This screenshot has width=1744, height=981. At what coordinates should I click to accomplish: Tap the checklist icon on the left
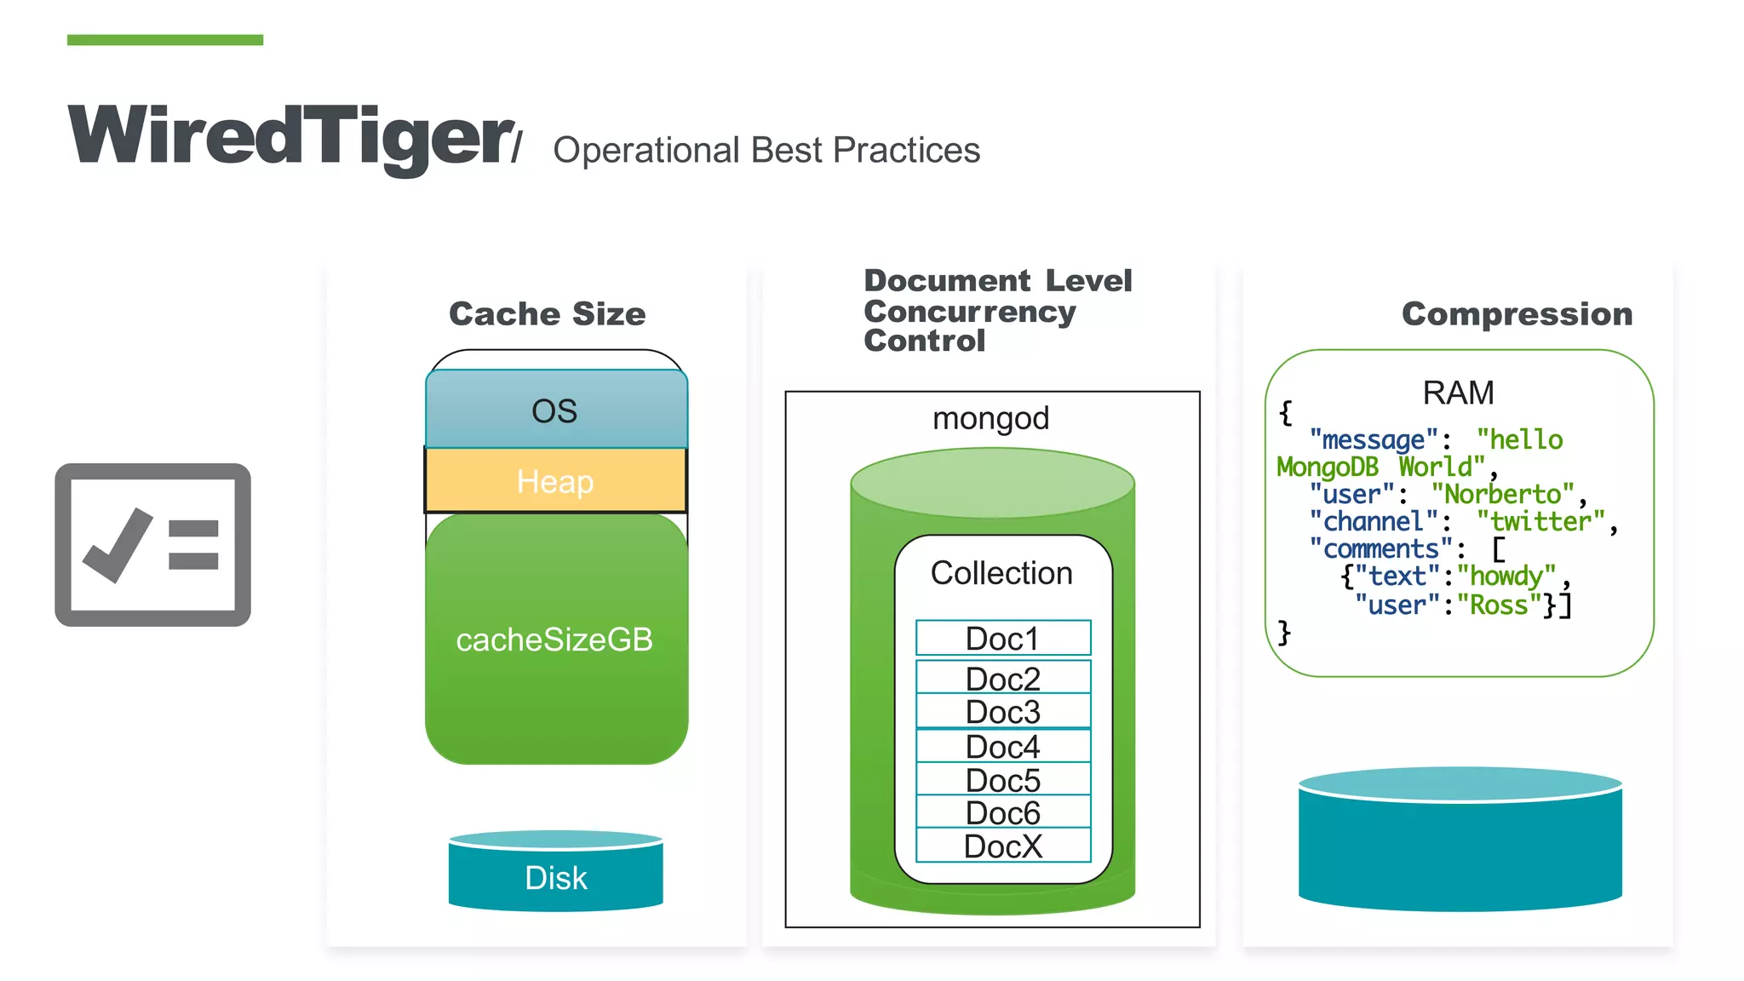(152, 545)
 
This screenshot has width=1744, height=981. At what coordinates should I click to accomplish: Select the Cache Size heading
(547, 313)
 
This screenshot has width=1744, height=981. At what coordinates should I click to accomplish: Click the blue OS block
(555, 410)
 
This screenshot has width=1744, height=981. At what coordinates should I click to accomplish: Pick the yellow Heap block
(555, 481)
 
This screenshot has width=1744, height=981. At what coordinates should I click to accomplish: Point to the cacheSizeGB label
(554, 640)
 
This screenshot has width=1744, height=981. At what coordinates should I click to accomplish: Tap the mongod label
(990, 418)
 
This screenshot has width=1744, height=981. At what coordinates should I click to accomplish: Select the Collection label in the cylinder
(1001, 573)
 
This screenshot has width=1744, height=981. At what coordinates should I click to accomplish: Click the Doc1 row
(1002, 638)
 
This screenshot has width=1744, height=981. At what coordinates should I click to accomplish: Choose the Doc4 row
(1002, 747)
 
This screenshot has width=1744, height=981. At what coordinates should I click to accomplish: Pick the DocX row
(1002, 846)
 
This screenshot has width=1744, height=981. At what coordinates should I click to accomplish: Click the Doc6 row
(1002, 812)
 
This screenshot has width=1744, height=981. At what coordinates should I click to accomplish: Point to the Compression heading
(1517, 313)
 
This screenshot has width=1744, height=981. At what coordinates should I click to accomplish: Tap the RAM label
(1458, 393)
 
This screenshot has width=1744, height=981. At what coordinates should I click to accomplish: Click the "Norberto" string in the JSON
(1503, 494)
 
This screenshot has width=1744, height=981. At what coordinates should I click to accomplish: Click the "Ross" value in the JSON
(1499, 605)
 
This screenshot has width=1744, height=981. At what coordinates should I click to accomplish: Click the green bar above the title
(165, 40)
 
